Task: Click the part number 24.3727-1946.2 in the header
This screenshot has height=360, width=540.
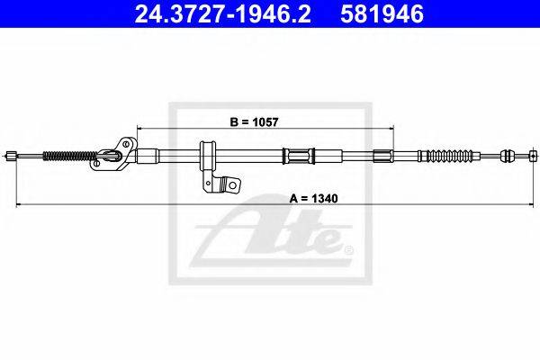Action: [x=223, y=14]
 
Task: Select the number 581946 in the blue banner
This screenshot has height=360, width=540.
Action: [x=382, y=14]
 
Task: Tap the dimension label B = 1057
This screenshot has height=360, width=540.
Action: [x=254, y=122]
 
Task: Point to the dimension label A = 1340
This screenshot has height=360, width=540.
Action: [x=314, y=198]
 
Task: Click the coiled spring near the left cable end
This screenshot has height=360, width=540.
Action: [x=69, y=157]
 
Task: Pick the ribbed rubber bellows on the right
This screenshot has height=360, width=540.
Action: [x=449, y=156]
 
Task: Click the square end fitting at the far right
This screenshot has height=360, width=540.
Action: [x=534, y=156]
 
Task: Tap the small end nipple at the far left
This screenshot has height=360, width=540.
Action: [x=12, y=156]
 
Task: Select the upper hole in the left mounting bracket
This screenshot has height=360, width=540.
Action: [x=126, y=143]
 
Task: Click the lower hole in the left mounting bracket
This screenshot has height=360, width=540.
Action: [x=97, y=163]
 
